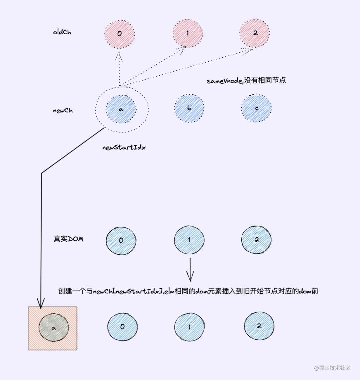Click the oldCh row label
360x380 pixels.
coord(62,32)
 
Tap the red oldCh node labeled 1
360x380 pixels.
coord(188,33)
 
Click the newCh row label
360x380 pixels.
coord(63,111)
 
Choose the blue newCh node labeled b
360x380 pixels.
coord(189,109)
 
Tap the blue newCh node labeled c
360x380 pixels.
coord(256,108)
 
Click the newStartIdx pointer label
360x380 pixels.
coord(124,147)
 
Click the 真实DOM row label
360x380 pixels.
coord(68,239)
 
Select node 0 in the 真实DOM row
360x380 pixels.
coord(121,240)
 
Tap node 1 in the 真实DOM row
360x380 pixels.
coord(189,240)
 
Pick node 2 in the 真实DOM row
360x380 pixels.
coord(256,240)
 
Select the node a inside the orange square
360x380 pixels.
coord(54,328)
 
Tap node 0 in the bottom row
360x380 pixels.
coord(122,327)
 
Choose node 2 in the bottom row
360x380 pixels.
coord(259,326)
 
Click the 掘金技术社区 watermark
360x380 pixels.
coord(332,368)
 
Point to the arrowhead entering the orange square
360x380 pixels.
coord(41,304)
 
